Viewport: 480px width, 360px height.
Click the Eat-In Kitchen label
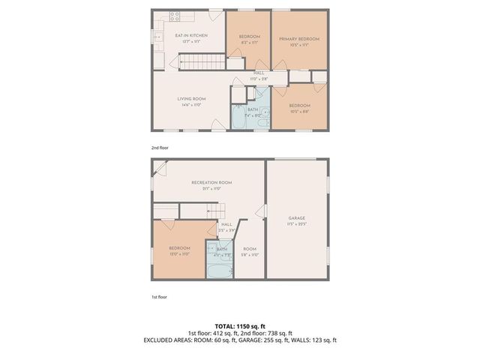pyautogui.click(x=191, y=35)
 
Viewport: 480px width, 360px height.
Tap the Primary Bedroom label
pyautogui.click(x=299, y=38)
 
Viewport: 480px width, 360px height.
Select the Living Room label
pyautogui.click(x=191, y=99)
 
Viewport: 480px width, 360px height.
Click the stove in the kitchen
pyautogui.click(x=175, y=15)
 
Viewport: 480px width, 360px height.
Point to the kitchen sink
pyautogui.click(x=159, y=35)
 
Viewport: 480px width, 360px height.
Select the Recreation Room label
pyautogui.click(x=211, y=182)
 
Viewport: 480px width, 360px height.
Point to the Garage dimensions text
pyautogui.click(x=298, y=224)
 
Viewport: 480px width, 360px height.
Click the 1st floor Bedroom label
pyautogui.click(x=179, y=248)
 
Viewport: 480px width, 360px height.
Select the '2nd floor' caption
pyautogui.click(x=160, y=148)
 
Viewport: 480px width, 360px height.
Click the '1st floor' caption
pyautogui.click(x=158, y=297)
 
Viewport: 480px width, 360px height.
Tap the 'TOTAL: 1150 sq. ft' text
pyautogui.click(x=239, y=326)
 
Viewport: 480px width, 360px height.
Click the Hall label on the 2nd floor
pyautogui.click(x=259, y=73)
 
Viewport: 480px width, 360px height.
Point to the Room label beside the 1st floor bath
pyautogui.click(x=250, y=249)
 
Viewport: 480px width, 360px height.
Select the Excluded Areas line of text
pyautogui.click(x=239, y=340)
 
